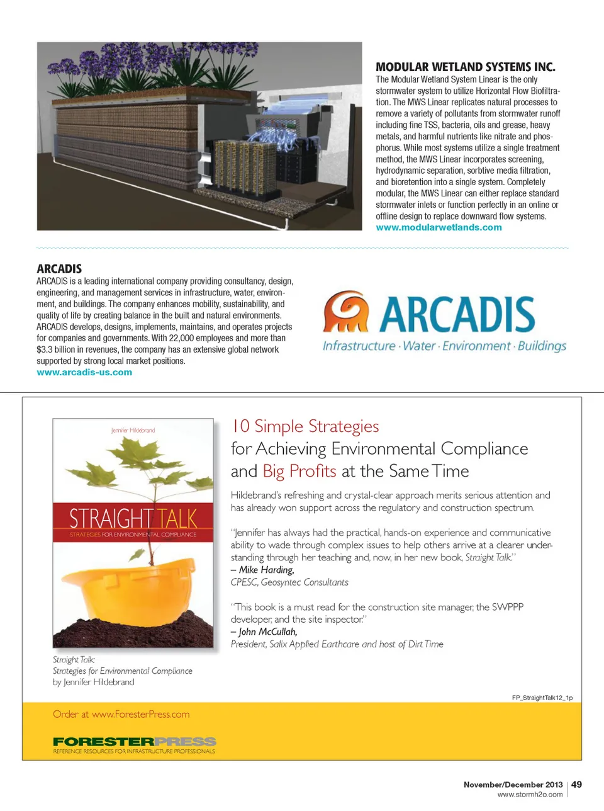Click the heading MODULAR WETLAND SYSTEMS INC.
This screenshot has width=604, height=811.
pyautogui.click(x=465, y=67)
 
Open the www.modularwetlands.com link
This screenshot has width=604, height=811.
pyautogui.click(x=439, y=227)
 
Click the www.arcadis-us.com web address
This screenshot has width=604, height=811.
pyautogui.click(x=84, y=372)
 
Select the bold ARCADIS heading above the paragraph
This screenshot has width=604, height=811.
pyautogui.click(x=59, y=269)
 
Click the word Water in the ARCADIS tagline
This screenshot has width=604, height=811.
pyautogui.click(x=419, y=346)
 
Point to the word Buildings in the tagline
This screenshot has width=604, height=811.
pyautogui.click(x=542, y=346)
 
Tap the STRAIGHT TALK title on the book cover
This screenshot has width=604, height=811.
pyautogui.click(x=133, y=518)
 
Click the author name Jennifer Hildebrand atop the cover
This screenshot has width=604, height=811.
pyautogui.click(x=133, y=430)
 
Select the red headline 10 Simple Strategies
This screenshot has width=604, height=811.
pyautogui.click(x=305, y=426)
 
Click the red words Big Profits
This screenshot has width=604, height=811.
pyautogui.click(x=299, y=471)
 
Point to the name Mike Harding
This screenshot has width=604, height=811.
pyautogui.click(x=266, y=570)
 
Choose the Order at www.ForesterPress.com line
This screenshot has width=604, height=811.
pyautogui.click(x=121, y=714)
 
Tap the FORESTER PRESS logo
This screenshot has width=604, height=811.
pyautogui.click(x=134, y=742)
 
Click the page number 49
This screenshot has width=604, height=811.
pyautogui.click(x=576, y=785)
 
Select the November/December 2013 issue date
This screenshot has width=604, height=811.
pyautogui.click(x=513, y=785)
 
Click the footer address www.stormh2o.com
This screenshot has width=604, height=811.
pyautogui.click(x=530, y=795)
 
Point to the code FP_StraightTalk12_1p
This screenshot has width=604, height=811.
pyautogui.click(x=542, y=698)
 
